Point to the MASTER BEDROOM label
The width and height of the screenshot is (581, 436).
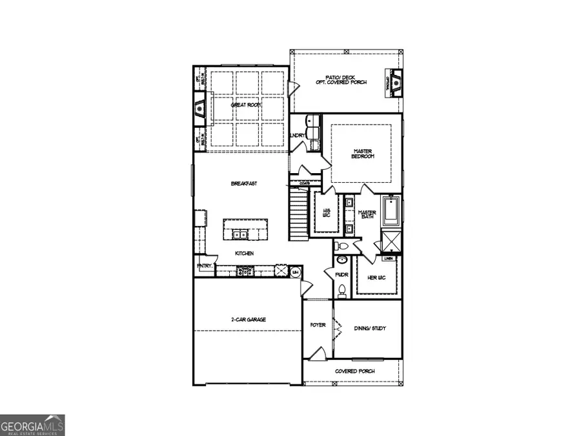(x=363, y=154)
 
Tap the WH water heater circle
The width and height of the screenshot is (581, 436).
(x=296, y=272)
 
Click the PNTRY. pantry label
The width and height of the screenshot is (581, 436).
(x=204, y=266)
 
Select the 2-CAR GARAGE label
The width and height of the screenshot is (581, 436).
(x=249, y=320)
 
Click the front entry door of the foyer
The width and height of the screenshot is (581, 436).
(x=316, y=354)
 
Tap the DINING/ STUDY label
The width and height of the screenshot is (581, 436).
(x=369, y=329)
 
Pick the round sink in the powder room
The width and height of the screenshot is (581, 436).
(x=342, y=261)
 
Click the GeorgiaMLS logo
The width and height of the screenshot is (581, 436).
(x=32, y=426)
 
